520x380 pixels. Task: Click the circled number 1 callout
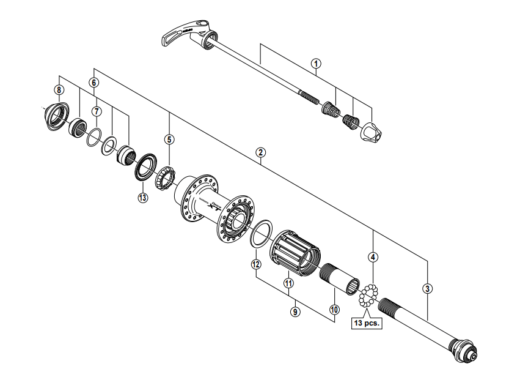coord(316,63)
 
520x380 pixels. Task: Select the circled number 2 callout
coord(261,152)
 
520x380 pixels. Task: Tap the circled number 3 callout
coord(427,288)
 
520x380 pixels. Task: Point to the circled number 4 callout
coord(373,258)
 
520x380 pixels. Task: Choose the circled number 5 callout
coord(169,140)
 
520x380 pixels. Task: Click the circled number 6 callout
coord(93,81)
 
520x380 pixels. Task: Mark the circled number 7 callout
coord(96,111)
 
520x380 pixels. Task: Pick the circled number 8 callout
coord(59,90)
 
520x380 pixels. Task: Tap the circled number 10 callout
coord(334,310)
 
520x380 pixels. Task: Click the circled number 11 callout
coord(288,283)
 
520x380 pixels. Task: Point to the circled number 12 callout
coord(256,264)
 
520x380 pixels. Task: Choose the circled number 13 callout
coord(142,198)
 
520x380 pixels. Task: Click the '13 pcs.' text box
coord(366,322)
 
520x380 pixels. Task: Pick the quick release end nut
coord(372,132)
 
